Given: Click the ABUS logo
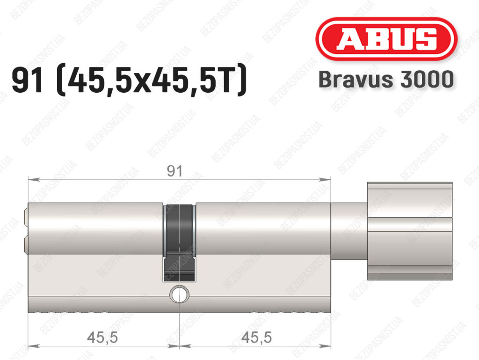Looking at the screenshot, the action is (x=386, y=39).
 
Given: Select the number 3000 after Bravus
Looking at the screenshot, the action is (x=427, y=80).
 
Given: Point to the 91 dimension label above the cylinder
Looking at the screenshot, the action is (x=175, y=171).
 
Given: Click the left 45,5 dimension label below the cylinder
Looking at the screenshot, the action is (x=102, y=338).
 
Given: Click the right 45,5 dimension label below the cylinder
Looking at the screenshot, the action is (x=256, y=338).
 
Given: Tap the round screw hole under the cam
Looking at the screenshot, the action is (x=179, y=294).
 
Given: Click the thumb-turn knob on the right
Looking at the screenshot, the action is (x=410, y=231).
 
